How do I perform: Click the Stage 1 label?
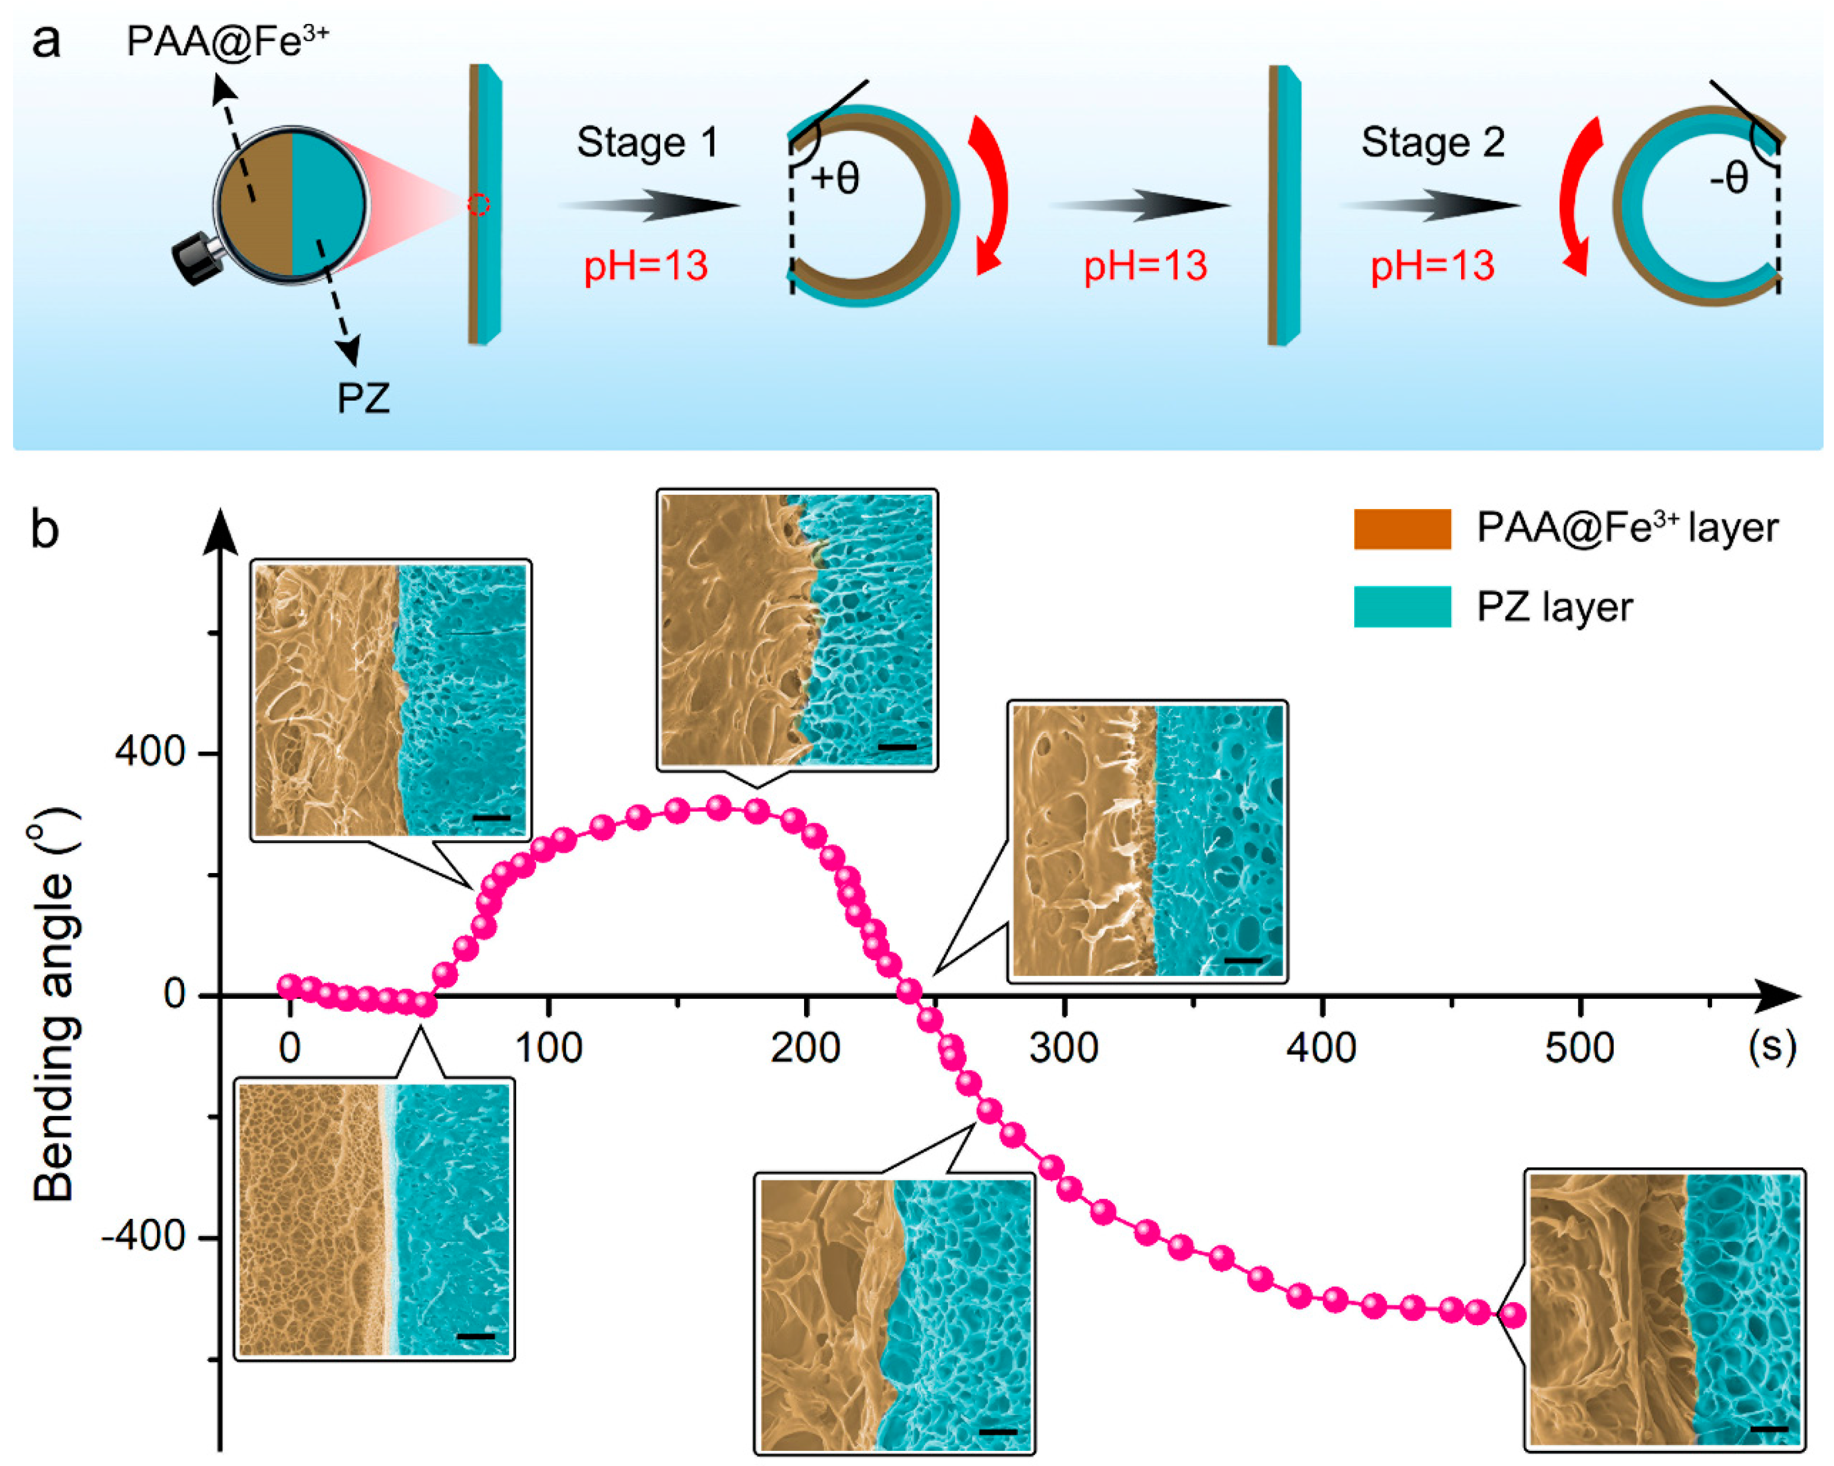pyautogui.click(x=647, y=142)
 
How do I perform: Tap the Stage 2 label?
pyautogui.click(x=1432, y=142)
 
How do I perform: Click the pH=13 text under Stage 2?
pyautogui.click(x=1432, y=266)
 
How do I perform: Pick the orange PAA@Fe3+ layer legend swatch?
pyautogui.click(x=1402, y=528)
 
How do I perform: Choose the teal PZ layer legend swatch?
pyautogui.click(x=1402, y=607)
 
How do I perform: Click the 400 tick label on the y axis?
pyautogui.click(x=151, y=752)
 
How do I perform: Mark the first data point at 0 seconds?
pyautogui.click(x=290, y=985)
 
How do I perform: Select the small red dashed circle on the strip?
pyautogui.click(x=479, y=205)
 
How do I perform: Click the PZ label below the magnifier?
pyautogui.click(x=363, y=397)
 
